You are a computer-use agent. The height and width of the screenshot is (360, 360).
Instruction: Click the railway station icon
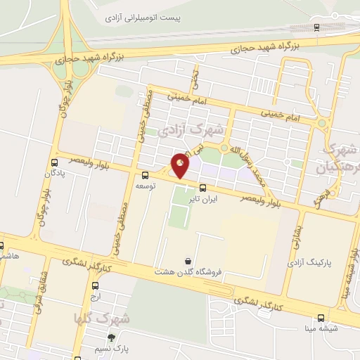(x=317, y=27)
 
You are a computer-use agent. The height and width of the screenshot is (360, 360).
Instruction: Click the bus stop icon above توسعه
(x=145, y=176)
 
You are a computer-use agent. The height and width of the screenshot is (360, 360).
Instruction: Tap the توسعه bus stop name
(x=145, y=188)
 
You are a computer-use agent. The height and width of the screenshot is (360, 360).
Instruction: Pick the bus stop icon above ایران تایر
(x=203, y=188)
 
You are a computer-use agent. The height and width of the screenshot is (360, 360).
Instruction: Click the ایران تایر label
(x=203, y=200)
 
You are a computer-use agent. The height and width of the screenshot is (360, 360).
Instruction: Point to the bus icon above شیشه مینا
(x=321, y=317)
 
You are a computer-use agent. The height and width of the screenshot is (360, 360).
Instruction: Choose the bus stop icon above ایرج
(x=95, y=285)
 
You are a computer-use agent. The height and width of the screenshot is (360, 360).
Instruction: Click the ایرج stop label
(x=95, y=297)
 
